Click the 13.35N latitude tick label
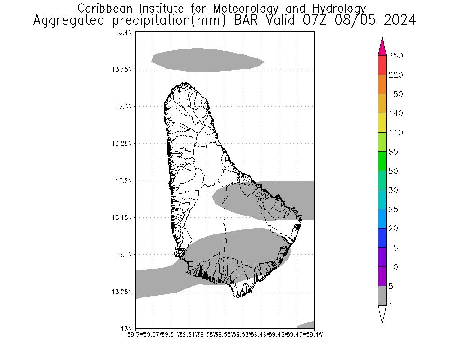click(123, 69)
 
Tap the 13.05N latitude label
click(123, 292)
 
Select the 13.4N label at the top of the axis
click(124, 32)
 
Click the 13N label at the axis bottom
click(127, 328)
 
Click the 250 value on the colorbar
click(396, 56)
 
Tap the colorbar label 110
click(396, 133)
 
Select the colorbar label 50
click(393, 171)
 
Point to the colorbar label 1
click(391, 306)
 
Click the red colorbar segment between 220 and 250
click(382, 65)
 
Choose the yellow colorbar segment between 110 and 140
click(382, 123)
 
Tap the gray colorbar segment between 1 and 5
click(382, 296)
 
